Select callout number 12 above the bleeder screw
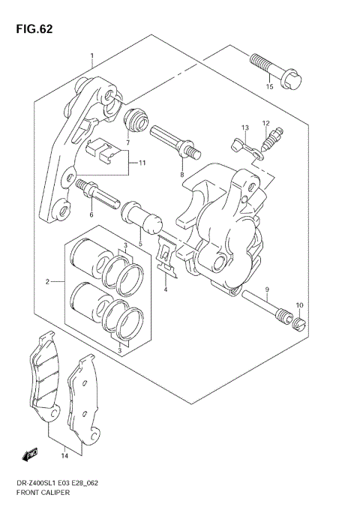(x=265, y=124)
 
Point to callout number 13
(x=244, y=128)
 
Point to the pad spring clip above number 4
(x=166, y=256)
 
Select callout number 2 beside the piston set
(x=46, y=282)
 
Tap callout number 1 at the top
(x=91, y=56)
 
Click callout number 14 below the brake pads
(x=64, y=455)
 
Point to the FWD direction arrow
(x=31, y=454)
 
